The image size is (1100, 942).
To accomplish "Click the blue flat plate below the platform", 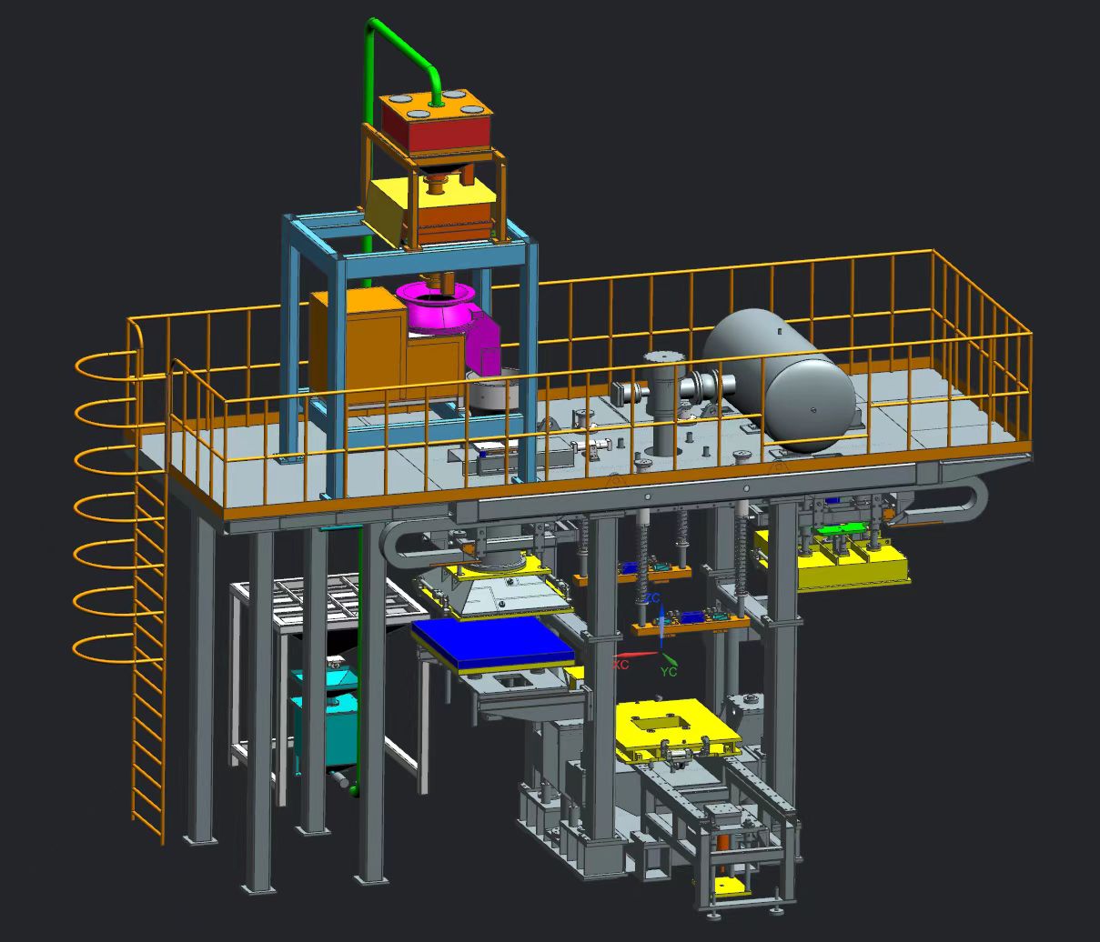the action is [492, 645].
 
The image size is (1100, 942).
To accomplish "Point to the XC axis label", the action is [621, 665].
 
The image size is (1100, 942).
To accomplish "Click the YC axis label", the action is [669, 672].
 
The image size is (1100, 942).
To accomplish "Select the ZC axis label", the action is [652, 599].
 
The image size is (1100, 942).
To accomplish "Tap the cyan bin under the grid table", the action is [325, 718].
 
